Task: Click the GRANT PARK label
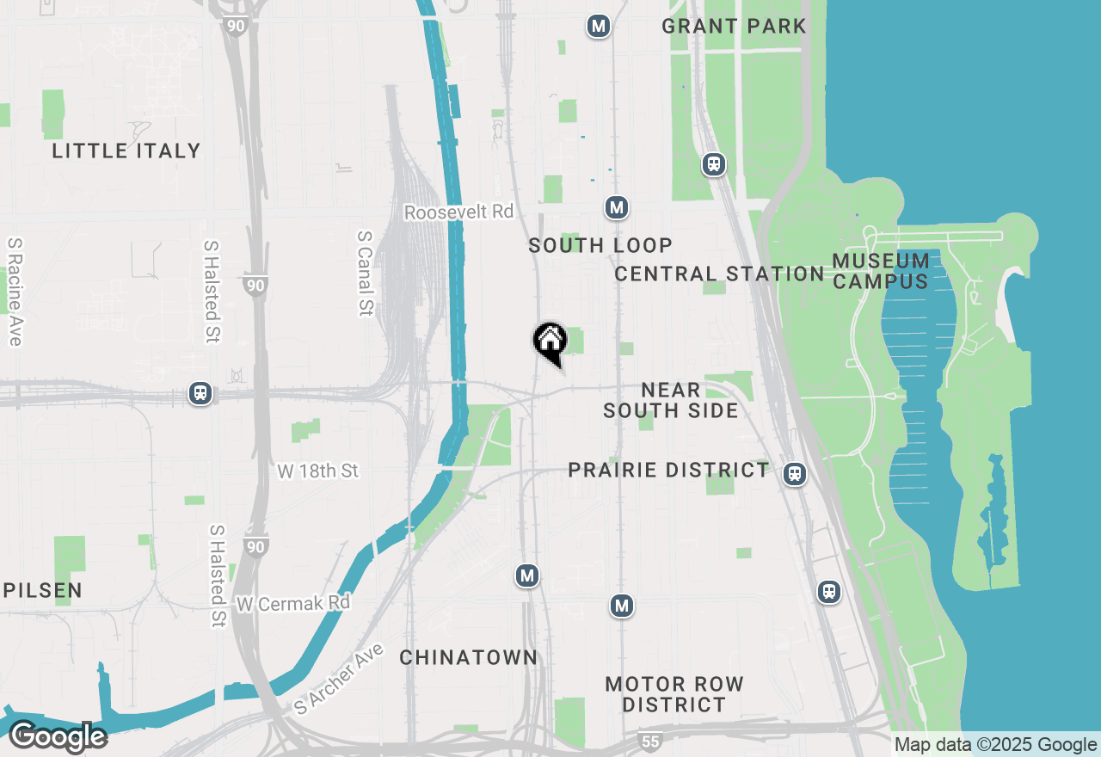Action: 734,26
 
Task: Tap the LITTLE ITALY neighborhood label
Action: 126,151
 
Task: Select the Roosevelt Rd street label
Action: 458,212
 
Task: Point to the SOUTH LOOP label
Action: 600,245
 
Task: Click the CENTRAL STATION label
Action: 719,274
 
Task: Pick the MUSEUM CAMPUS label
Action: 881,270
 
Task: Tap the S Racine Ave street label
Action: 14,292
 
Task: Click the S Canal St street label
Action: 366,273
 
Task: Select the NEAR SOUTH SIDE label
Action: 671,400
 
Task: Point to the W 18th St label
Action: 317,471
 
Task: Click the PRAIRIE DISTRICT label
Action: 668,470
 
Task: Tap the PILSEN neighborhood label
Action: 42,590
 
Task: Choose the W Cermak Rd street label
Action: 293,603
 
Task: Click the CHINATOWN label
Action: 469,657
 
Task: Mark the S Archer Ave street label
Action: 338,677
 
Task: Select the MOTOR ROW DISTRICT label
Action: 674,694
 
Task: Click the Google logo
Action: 58,737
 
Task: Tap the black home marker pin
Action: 550,342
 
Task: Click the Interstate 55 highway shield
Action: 651,741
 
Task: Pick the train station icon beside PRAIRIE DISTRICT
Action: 795,473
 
